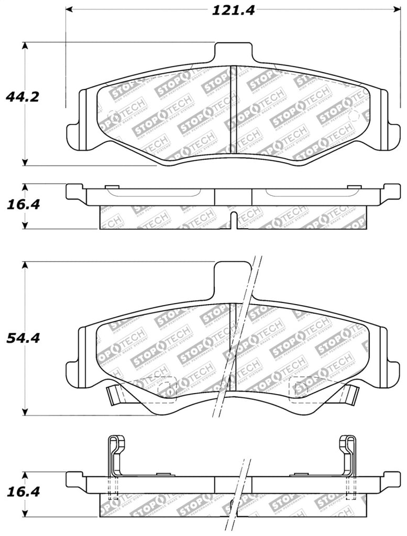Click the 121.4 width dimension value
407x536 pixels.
coord(233,9)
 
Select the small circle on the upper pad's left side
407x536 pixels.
coord(112,116)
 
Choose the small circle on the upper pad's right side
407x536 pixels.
coord(353,116)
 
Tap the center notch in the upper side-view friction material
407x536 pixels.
coord(234,219)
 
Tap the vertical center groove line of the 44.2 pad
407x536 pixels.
coord(233,110)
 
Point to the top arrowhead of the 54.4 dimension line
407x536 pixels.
coord(24,264)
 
